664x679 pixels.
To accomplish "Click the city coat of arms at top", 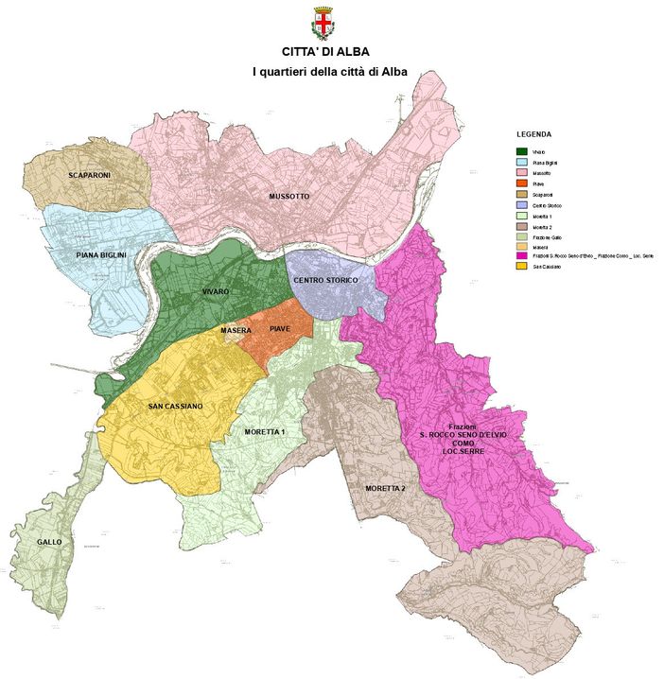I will tap(324, 22).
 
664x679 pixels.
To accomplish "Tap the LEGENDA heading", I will tap(533, 134).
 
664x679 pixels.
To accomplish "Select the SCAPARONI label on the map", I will tap(89, 176).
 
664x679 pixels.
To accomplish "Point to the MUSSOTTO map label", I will tap(288, 197).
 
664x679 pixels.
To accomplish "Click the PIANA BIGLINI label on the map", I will tap(101, 255).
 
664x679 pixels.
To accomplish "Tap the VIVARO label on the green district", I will tap(216, 292).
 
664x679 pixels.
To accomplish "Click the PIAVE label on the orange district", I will tap(280, 329).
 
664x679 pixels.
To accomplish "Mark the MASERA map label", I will tap(236, 331).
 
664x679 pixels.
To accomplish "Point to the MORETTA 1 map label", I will tap(264, 431).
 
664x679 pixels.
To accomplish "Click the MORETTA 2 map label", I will tap(384, 488).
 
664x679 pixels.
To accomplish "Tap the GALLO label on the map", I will tap(49, 542).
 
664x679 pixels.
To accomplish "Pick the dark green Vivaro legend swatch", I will tap(521, 152).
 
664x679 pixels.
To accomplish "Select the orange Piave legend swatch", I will tap(521, 183).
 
